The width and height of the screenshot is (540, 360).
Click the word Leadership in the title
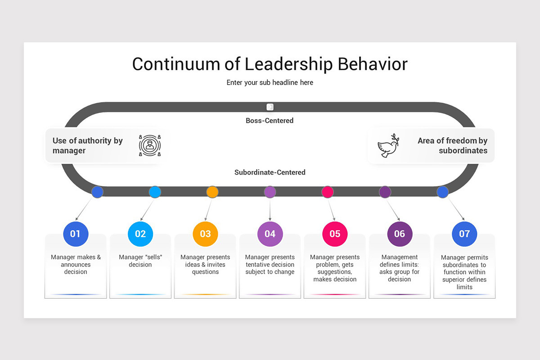(288, 64)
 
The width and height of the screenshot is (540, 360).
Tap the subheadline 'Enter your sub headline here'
(270, 82)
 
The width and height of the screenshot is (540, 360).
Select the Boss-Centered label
(270, 121)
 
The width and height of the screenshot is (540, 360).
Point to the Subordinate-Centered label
(270, 172)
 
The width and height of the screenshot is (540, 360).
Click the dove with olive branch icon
(388, 146)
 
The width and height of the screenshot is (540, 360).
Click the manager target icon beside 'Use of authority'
(150, 145)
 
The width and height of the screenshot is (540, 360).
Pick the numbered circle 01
(76, 234)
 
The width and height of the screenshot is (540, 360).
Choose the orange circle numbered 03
(205, 234)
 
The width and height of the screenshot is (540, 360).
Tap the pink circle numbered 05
(335, 234)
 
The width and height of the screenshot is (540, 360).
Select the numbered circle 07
(464, 234)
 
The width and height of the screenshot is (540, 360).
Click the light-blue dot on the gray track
(155, 192)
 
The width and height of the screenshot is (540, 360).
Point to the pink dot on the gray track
(328, 192)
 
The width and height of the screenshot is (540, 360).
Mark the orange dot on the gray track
(212, 192)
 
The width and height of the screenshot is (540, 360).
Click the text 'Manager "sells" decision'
(140, 261)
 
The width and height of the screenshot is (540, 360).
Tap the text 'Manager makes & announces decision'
(76, 264)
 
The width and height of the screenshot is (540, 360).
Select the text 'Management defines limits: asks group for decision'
(400, 268)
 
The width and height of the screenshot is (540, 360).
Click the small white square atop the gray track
(270, 107)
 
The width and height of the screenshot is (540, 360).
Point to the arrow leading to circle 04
(270, 209)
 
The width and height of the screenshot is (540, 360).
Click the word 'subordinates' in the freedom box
(463, 150)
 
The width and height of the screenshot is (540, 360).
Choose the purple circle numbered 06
(400, 234)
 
